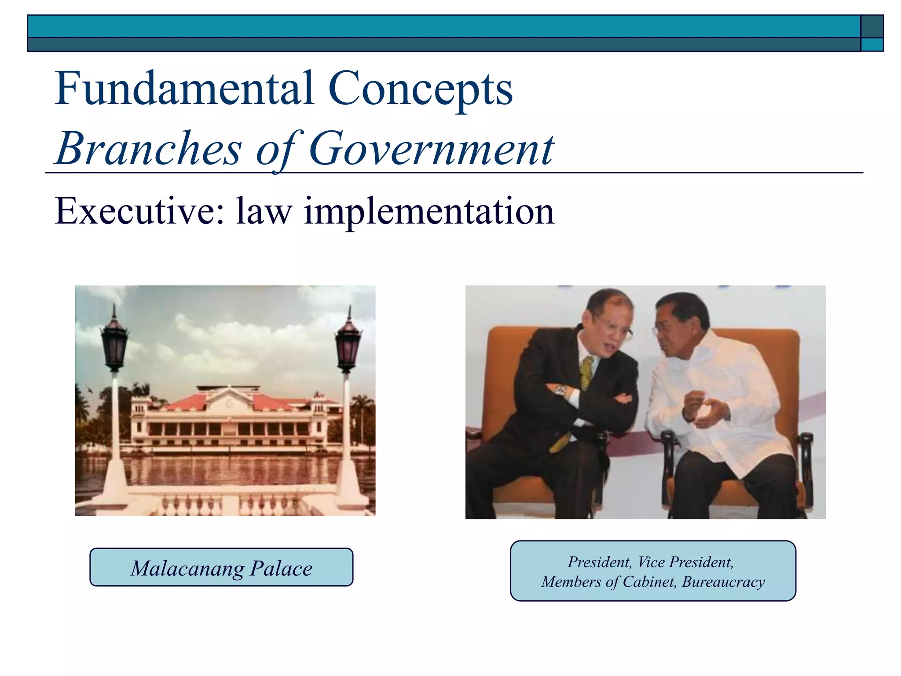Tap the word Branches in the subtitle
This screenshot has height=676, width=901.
tap(149, 149)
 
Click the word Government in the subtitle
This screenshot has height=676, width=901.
tap(431, 149)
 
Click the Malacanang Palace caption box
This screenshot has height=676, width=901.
tap(221, 567)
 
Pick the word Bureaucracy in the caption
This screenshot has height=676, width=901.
tap(723, 582)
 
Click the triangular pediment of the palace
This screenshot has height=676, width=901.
tap(229, 398)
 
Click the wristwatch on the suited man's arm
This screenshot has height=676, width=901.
tap(560, 390)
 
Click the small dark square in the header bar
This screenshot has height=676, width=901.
tap(872, 26)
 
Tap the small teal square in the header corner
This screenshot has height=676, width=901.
tap(872, 45)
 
